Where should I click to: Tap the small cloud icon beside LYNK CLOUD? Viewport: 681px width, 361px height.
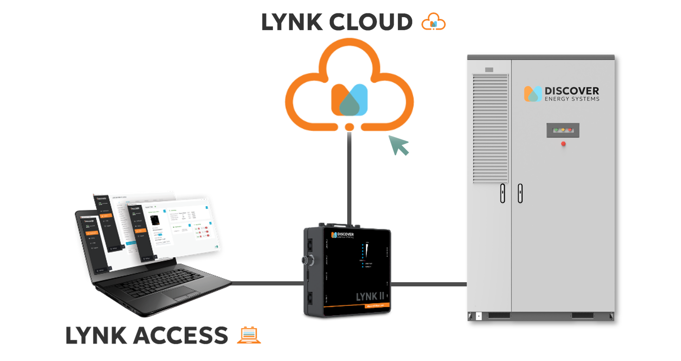[x=433, y=22]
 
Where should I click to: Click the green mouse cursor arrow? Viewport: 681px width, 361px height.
[x=398, y=145]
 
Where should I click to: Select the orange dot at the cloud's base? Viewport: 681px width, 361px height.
[x=350, y=127]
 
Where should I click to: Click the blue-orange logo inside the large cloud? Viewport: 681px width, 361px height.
[x=349, y=100]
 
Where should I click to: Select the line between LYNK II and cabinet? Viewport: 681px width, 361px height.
[x=429, y=284]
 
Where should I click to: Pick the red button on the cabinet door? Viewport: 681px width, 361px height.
[x=563, y=144]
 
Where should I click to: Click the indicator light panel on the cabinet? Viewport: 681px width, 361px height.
[x=563, y=130]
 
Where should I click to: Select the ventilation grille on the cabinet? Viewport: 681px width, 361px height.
[x=490, y=127]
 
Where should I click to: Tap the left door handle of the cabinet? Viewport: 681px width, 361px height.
[x=502, y=193]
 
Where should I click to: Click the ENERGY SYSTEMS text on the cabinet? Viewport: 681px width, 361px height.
[x=571, y=99]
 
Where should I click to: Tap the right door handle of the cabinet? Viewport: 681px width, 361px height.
[x=520, y=193]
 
